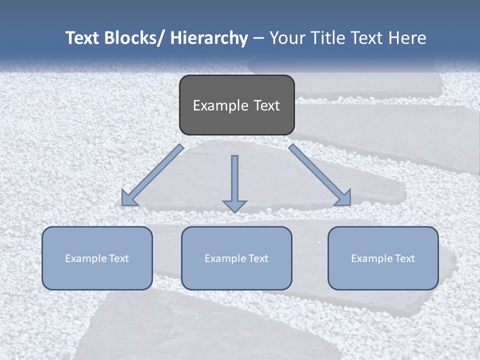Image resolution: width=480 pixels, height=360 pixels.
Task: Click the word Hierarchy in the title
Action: pyautogui.click(x=209, y=38)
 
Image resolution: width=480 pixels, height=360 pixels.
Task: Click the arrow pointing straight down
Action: pyautogui.click(x=234, y=180)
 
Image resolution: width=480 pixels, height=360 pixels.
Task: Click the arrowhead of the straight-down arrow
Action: pyautogui.click(x=234, y=205)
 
